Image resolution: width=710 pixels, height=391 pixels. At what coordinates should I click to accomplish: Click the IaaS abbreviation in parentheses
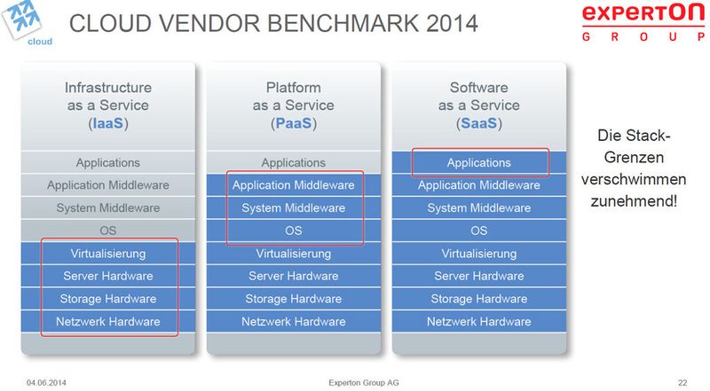108,124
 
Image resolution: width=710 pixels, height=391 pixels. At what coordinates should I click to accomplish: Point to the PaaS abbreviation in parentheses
294,124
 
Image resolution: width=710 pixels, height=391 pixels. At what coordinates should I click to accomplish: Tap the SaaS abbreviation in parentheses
479,124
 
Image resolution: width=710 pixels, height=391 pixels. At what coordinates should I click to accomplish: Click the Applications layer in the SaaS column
479,163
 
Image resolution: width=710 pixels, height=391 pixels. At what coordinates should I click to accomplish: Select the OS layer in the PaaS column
294,231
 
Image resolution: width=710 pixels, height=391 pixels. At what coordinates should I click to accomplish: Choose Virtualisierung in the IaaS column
108,254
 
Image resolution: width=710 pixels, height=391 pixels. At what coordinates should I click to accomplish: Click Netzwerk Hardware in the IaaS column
108,321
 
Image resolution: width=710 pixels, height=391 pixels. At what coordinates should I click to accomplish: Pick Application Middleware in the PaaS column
294,185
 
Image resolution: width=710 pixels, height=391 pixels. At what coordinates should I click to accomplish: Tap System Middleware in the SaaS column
479,208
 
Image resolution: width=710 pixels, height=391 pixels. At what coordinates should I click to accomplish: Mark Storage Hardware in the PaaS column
294,299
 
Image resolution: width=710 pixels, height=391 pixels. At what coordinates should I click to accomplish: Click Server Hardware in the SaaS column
479,276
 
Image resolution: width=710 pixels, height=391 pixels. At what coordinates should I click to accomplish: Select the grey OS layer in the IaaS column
108,231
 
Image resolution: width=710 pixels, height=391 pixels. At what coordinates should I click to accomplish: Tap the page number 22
682,381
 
